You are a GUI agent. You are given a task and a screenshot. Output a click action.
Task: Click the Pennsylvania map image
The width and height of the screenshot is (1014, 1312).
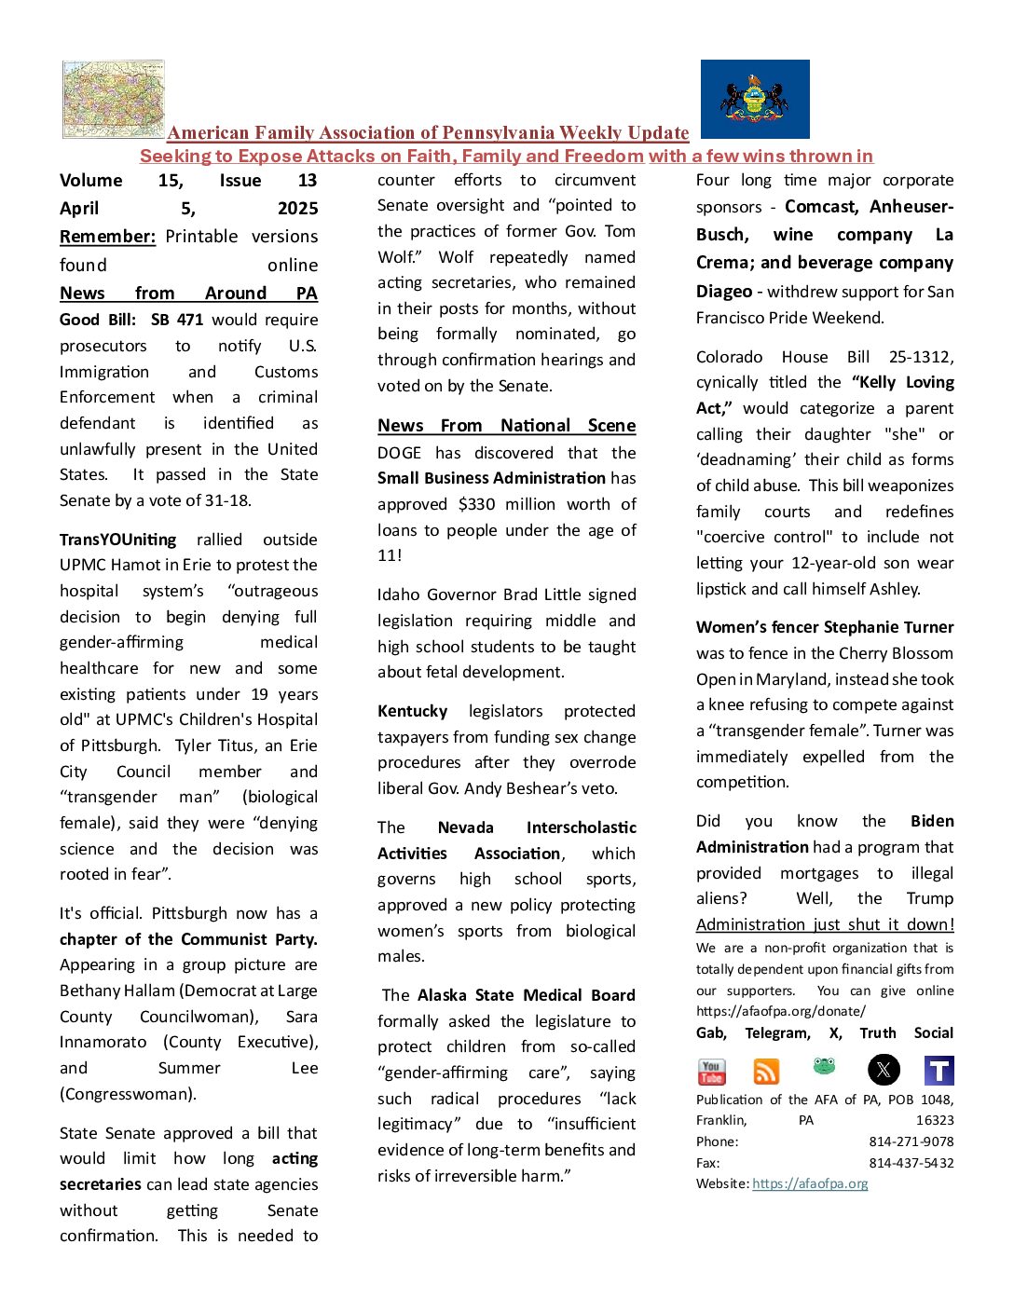pos(113,99)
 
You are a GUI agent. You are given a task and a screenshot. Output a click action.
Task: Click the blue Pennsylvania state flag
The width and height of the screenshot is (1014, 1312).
pos(755,99)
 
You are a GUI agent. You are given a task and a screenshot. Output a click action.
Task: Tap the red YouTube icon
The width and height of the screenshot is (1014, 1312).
pos(711,1072)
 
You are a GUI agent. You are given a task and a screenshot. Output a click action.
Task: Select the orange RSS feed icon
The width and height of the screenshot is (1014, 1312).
pos(766,1072)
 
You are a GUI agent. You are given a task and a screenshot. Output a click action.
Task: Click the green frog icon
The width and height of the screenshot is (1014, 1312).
pos(824,1065)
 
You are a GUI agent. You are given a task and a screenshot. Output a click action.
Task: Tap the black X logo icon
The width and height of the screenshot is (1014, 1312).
pos(884,1070)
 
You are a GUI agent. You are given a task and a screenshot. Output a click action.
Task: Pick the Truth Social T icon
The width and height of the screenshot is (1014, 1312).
pos(939,1071)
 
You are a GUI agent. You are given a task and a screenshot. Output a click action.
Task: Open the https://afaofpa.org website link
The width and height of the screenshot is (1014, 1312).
pos(810,1183)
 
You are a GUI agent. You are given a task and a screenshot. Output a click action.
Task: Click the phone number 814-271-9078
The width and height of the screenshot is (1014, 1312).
pos(911,1141)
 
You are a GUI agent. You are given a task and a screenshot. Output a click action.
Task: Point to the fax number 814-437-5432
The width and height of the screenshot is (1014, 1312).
pos(911,1163)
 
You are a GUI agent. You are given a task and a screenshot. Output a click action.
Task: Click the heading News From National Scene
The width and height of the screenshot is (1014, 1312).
pos(506,426)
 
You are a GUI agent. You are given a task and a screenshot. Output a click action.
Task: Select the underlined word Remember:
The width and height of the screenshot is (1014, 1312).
pos(107,237)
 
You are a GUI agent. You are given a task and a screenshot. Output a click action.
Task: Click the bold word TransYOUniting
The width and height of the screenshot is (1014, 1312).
pos(117,540)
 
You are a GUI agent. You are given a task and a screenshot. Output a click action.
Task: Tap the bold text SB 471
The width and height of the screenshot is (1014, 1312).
pos(177,320)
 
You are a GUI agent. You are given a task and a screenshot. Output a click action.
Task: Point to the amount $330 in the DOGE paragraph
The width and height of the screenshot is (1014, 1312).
pos(476,504)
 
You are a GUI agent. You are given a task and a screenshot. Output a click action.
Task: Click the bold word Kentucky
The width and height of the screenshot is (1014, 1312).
pos(412,711)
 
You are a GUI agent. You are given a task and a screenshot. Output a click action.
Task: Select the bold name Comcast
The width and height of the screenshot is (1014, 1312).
pos(820,207)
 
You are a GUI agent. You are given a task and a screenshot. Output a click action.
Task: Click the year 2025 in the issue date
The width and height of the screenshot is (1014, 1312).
pos(297,209)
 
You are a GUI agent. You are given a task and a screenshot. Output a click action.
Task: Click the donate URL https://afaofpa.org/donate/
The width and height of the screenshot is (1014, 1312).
pos(780,1011)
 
